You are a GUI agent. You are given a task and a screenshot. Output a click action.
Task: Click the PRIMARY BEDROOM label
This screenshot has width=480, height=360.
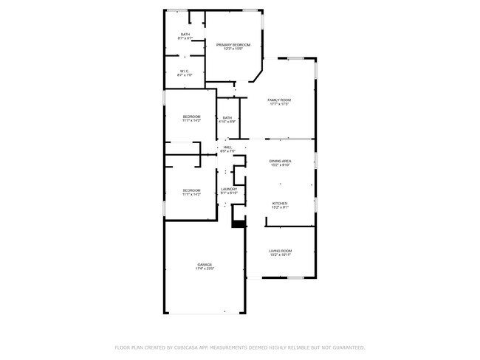point(233,45)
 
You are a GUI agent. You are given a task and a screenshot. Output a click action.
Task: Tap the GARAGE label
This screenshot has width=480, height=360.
point(205,264)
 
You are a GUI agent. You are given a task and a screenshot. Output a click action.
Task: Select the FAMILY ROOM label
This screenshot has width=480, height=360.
point(279,100)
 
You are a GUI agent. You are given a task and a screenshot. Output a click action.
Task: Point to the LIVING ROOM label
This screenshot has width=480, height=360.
point(279,251)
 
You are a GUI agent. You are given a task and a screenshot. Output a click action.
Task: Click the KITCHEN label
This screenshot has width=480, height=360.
point(279,204)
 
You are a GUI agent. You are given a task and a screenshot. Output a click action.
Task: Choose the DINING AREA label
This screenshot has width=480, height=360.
point(279,160)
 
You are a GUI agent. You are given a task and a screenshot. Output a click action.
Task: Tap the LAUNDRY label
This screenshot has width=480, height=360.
point(229,189)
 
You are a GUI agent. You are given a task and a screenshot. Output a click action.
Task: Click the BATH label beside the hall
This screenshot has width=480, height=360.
point(227,117)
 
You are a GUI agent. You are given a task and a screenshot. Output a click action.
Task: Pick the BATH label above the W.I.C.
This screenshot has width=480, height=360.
point(185,34)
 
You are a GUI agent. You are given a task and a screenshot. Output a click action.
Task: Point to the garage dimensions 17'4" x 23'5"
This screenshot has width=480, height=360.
point(205,269)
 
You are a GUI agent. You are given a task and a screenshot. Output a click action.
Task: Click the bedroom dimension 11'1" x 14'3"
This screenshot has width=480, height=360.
point(191,120)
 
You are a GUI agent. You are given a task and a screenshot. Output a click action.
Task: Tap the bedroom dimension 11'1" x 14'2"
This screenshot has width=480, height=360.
point(191,195)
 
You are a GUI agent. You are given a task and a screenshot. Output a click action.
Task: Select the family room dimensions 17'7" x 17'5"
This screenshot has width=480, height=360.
point(279,104)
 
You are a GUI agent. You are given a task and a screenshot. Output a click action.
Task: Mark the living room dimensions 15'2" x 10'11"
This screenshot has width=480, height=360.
point(279,255)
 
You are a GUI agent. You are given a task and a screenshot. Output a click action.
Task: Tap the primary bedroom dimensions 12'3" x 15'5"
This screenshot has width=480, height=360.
point(233,49)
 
